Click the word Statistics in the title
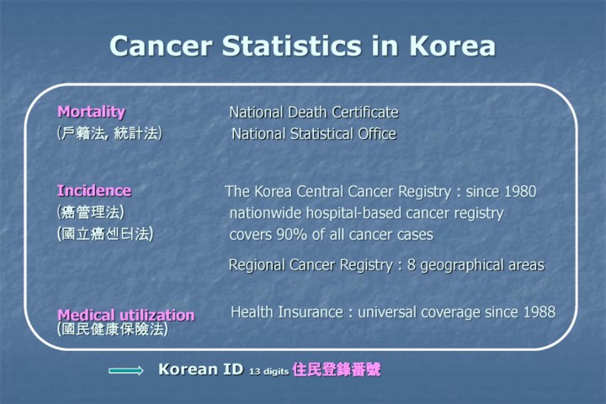[292, 45]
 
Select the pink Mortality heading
[91, 112]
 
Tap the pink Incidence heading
[94, 190]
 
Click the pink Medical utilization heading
[126, 315]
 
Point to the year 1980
[520, 191]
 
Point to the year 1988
[540, 312]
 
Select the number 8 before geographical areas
[412, 265]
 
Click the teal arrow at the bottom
[126, 370]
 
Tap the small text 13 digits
[269, 371]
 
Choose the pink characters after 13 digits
[337, 369]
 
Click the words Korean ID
[200, 369]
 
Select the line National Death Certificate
[314, 113]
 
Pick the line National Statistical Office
[314, 134]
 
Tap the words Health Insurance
[286, 312]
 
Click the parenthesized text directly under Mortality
[109, 133]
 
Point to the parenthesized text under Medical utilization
[113, 329]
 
